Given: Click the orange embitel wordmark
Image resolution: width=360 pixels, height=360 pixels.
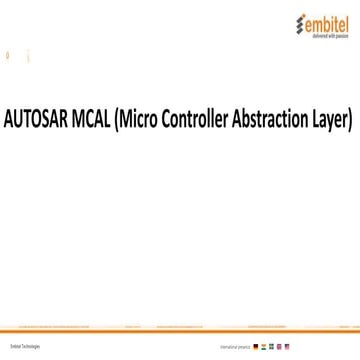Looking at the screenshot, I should pos(322,20).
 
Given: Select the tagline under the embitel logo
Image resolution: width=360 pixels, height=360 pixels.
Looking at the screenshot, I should pos(322,33).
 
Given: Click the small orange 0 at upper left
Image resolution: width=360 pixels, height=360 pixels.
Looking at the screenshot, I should pos(8,56).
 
